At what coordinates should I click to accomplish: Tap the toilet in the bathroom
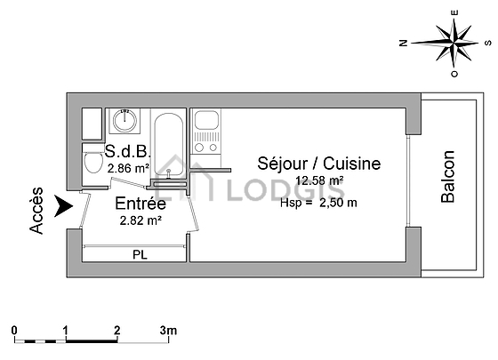[92, 160]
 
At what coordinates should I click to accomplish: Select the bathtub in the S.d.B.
[169, 144]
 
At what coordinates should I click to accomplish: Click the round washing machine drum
[124, 120]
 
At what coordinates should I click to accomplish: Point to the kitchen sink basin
[206, 120]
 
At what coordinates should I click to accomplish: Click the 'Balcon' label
[448, 177]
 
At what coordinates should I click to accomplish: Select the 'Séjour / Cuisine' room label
[319, 164]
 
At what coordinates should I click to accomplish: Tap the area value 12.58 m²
[319, 180]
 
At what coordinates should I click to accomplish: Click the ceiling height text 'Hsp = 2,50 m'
[318, 203]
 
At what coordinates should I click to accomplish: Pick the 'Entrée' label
[141, 204]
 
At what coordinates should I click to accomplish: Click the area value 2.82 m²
[141, 220]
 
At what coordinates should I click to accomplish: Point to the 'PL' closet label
[141, 254]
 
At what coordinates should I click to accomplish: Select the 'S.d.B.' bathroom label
[127, 151]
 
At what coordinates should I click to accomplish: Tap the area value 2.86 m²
[128, 168]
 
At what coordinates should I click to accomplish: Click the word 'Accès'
[36, 211]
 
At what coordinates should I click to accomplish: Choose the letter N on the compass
[403, 43]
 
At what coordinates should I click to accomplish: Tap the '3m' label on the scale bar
[168, 331]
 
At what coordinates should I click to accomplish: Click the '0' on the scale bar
[14, 331]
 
